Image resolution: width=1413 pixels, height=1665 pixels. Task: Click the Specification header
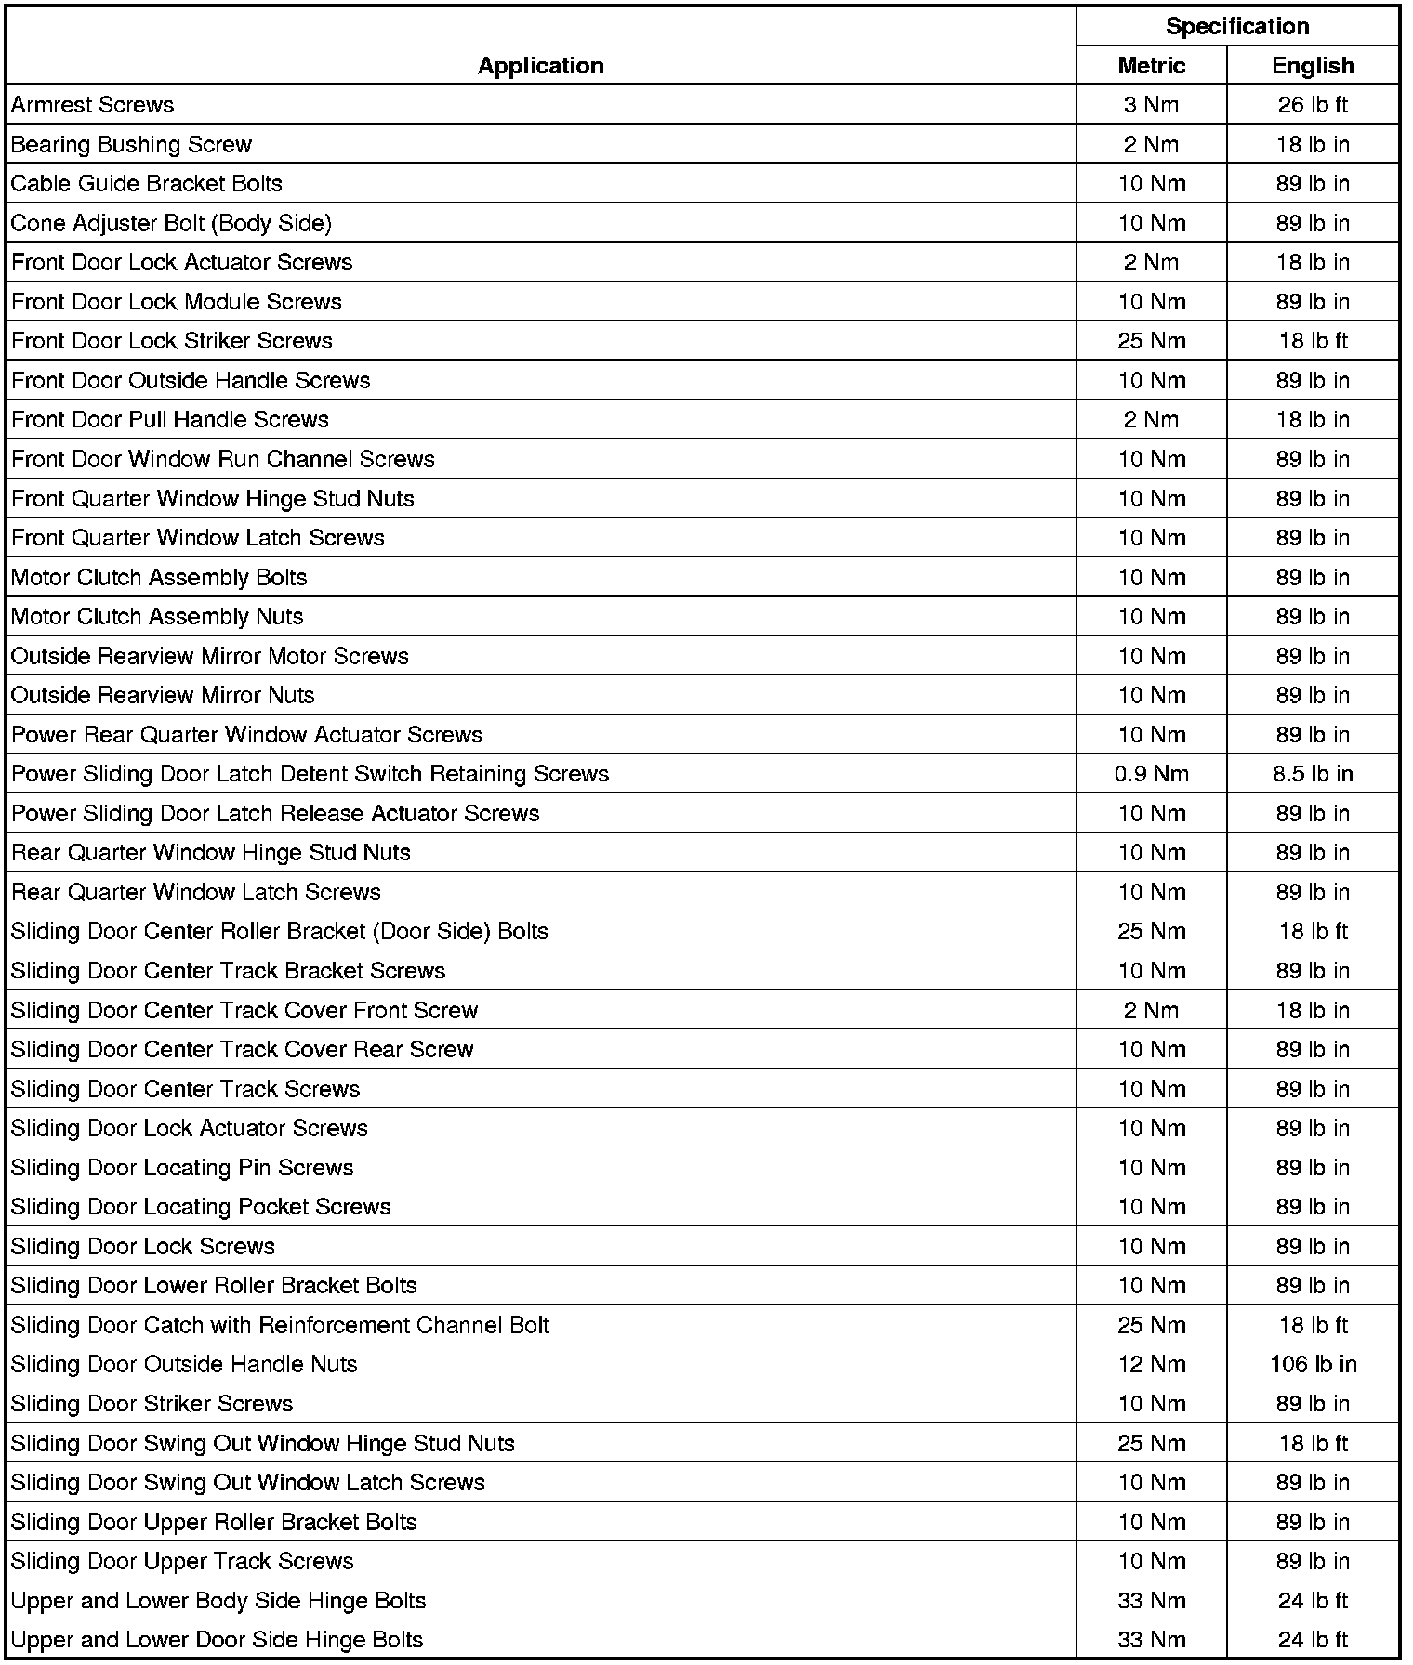click(1237, 26)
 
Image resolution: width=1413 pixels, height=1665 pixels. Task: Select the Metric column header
click(1151, 65)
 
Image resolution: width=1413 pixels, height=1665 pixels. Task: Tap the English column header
click(1313, 65)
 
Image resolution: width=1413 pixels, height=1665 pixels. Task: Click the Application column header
click(541, 65)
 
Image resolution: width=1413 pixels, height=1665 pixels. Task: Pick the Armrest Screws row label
click(92, 105)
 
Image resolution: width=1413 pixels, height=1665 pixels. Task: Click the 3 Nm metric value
click(1151, 105)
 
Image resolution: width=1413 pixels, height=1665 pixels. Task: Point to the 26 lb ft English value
click(1313, 105)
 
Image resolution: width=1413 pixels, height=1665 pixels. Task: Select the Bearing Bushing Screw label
click(131, 144)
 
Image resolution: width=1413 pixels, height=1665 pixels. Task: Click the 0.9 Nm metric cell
click(1151, 774)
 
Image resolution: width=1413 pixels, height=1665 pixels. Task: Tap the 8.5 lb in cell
click(1313, 774)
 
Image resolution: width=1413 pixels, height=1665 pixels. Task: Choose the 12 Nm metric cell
click(1151, 1364)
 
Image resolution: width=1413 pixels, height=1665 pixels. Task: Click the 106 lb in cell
click(1313, 1364)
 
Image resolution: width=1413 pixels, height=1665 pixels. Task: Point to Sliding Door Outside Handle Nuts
click(184, 1364)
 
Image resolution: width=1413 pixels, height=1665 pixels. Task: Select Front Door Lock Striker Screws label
click(172, 341)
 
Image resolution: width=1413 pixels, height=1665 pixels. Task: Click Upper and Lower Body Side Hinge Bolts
click(218, 1600)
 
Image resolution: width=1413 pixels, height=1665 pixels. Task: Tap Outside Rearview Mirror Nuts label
click(163, 695)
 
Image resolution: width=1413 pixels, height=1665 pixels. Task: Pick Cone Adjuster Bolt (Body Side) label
click(171, 223)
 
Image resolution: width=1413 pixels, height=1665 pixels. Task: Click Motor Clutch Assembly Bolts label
click(159, 577)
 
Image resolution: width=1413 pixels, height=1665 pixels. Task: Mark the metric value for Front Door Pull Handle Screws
click(1151, 420)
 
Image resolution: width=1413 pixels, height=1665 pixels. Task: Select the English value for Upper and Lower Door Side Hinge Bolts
click(1313, 1640)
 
